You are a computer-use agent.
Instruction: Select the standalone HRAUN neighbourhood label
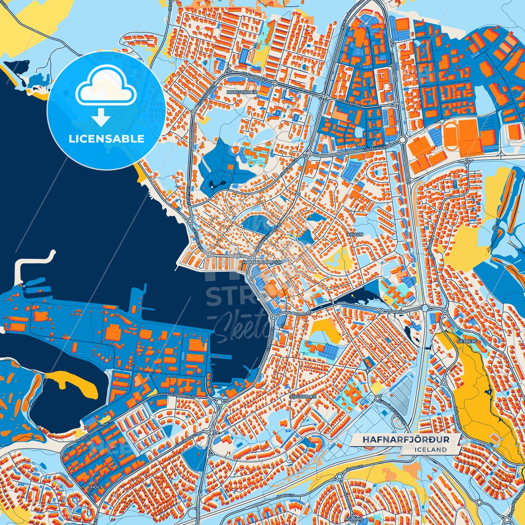[x=355, y=235]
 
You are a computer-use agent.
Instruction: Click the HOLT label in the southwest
[x=97, y=487]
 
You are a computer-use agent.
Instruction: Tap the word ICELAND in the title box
[x=431, y=449]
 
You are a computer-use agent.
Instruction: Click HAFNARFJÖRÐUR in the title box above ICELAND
[x=405, y=439]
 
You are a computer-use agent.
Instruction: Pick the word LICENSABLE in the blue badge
[x=106, y=139]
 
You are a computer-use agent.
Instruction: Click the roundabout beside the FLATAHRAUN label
[x=402, y=140]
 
